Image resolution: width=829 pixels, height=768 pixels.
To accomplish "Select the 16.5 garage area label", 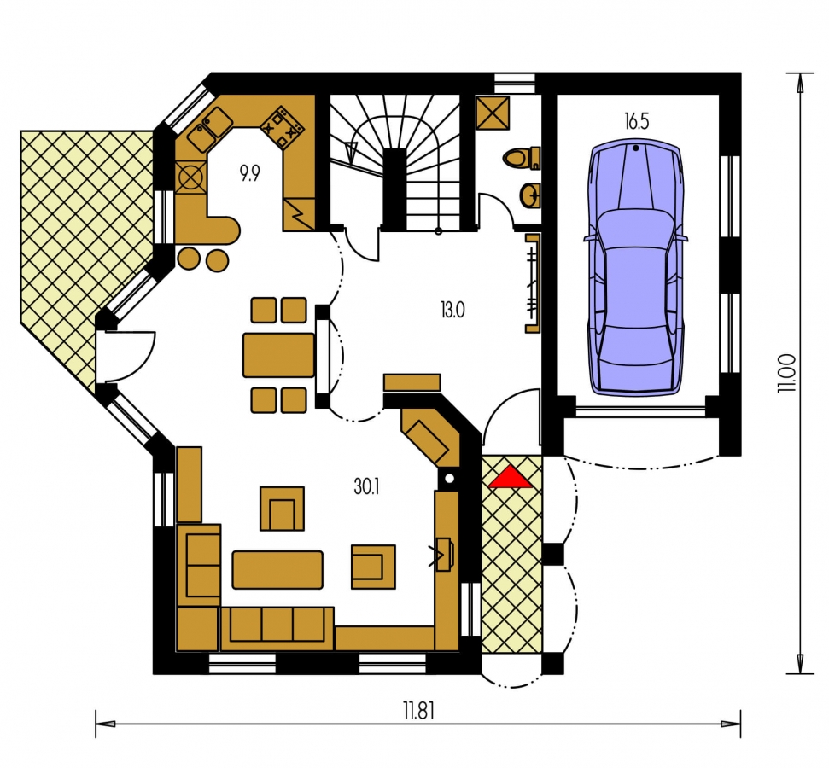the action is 637,121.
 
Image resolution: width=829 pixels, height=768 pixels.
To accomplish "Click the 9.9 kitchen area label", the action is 249,172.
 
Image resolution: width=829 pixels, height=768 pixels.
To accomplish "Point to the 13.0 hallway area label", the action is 452,310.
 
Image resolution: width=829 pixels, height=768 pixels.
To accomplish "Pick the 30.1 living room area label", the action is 366,486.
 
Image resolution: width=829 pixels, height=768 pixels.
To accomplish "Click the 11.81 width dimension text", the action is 418,711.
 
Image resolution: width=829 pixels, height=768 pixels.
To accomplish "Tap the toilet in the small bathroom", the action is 522,158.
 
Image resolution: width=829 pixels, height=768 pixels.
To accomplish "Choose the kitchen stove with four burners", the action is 283,127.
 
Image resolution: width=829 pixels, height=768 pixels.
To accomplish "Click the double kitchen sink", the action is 210,129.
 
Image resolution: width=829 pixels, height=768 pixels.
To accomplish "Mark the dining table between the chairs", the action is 278,355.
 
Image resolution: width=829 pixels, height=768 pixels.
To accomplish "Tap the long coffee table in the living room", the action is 277,570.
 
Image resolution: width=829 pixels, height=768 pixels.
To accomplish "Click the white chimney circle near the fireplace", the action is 449,480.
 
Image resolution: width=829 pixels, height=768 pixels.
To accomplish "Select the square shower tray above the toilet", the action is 493,112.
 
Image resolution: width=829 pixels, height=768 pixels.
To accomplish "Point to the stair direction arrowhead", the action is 351,152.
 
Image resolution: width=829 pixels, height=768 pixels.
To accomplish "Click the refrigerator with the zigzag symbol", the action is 300,215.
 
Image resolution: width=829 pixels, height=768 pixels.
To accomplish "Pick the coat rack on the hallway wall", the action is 533,283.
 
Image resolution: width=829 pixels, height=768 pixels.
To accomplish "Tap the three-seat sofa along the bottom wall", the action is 277,628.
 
